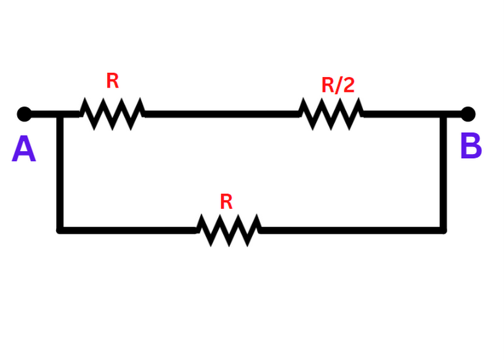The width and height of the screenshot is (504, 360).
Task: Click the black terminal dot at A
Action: pyautogui.click(x=24, y=114)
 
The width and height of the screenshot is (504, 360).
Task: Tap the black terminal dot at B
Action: pyautogui.click(x=468, y=114)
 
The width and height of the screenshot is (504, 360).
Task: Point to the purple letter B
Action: pyautogui.click(x=471, y=147)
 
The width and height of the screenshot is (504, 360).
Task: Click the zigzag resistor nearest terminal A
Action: pyautogui.click(x=112, y=114)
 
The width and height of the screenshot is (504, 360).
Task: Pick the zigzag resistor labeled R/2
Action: pyautogui.click(x=331, y=114)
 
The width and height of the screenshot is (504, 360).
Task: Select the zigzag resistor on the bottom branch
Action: pyautogui.click(x=229, y=231)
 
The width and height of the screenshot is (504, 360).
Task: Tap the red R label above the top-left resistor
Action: pyautogui.click(x=112, y=81)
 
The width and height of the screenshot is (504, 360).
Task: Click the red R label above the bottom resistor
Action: pyautogui.click(x=226, y=202)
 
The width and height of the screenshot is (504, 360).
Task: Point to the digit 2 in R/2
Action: pyautogui.click(x=349, y=85)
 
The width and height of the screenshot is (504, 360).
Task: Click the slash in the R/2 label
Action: pyautogui.click(x=338, y=85)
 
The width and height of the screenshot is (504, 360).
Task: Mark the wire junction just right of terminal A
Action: pyautogui.click(x=60, y=114)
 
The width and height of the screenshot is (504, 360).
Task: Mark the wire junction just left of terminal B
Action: pyautogui.click(x=443, y=114)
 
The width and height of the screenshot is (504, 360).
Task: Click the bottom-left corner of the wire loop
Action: pyautogui.click(x=60, y=230)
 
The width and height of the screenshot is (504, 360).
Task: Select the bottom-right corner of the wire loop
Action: pyautogui.click(x=443, y=230)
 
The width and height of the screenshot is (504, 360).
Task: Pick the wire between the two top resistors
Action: pyautogui.click(x=222, y=114)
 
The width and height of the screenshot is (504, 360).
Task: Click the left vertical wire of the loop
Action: pyautogui.click(x=60, y=173)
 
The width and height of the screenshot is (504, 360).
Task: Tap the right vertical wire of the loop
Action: pyautogui.click(x=443, y=173)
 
